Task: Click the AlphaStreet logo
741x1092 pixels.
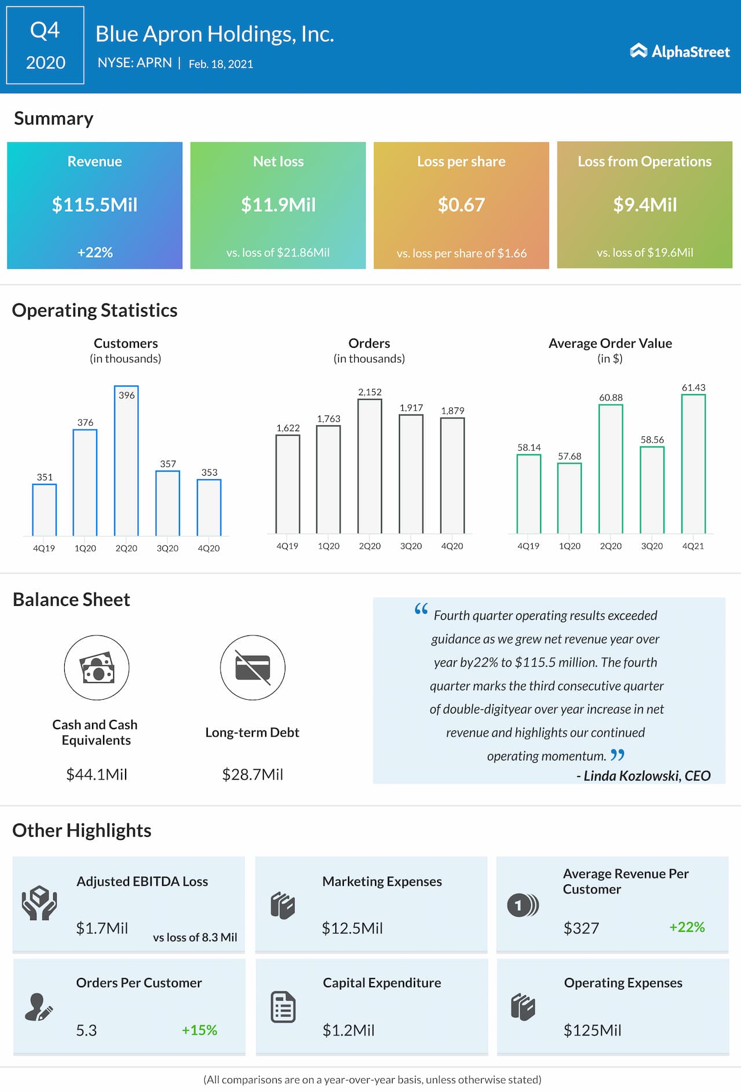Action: click(680, 52)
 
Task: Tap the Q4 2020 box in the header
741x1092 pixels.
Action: click(45, 46)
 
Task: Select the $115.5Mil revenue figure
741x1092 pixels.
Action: click(95, 205)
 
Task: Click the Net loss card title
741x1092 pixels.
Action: click(278, 161)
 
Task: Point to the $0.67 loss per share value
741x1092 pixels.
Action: click(461, 205)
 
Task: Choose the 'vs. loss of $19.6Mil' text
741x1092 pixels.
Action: click(644, 252)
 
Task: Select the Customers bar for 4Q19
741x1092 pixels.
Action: click(44, 509)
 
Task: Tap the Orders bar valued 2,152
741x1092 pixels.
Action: click(369, 466)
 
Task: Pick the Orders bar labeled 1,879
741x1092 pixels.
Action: click(452, 475)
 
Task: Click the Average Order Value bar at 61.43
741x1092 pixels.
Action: click(693, 464)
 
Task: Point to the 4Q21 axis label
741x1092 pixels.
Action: click(693, 546)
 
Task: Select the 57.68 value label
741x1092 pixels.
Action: click(569, 456)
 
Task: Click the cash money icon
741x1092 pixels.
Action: click(97, 668)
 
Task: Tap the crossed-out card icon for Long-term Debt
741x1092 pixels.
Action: click(252, 668)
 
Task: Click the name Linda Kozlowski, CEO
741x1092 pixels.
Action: click(647, 775)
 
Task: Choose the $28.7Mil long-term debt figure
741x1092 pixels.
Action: click(252, 774)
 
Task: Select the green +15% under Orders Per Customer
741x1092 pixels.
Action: click(199, 1030)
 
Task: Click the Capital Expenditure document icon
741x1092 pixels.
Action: click(283, 1007)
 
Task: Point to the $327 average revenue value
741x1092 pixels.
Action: click(581, 928)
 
